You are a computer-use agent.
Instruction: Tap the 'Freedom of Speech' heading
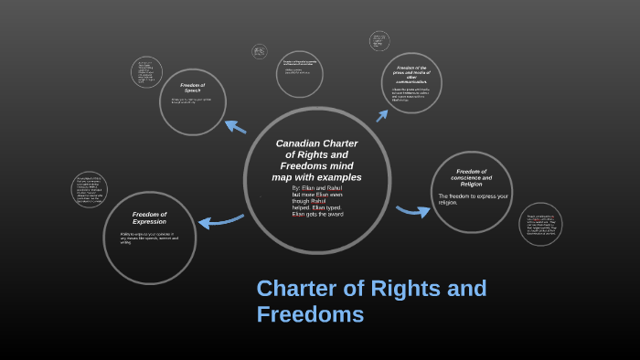click(x=192, y=88)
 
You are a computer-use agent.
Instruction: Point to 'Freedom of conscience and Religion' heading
click(x=472, y=177)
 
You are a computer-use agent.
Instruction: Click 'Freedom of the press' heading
click(x=411, y=74)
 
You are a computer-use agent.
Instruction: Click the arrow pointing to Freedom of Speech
click(x=235, y=126)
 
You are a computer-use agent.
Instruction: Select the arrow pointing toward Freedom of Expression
click(x=219, y=220)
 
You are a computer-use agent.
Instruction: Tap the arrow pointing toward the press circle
click(x=382, y=115)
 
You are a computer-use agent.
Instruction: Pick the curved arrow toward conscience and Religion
click(x=413, y=211)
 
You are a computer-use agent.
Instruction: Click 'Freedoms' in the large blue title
click(x=310, y=314)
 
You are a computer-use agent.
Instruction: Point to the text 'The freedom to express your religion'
click(x=473, y=198)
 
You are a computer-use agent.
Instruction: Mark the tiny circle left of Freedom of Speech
click(x=146, y=72)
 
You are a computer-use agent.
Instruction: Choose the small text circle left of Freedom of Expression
click(x=90, y=189)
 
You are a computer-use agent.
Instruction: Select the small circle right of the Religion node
click(x=540, y=224)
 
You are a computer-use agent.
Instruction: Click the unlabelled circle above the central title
click(x=300, y=74)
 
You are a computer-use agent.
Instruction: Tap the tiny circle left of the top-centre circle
click(x=260, y=51)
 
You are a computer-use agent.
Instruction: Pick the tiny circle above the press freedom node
click(x=379, y=41)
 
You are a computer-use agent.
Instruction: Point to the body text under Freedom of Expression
click(x=149, y=238)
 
